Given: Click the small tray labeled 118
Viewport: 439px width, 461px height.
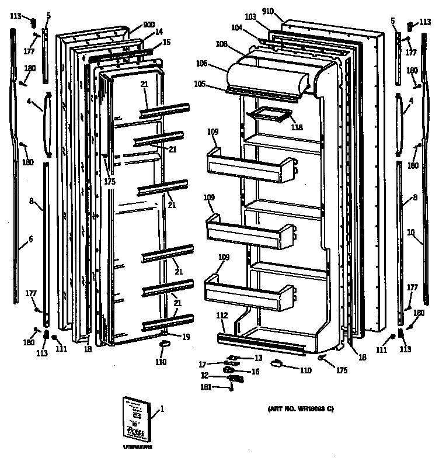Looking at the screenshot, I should [x=269, y=116].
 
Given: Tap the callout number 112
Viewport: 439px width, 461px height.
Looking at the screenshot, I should [x=221, y=316].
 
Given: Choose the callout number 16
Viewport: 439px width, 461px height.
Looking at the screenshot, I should [x=255, y=371].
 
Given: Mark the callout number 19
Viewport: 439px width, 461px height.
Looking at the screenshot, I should [x=185, y=337].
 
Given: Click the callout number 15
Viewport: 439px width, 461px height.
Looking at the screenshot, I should [x=167, y=42].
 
